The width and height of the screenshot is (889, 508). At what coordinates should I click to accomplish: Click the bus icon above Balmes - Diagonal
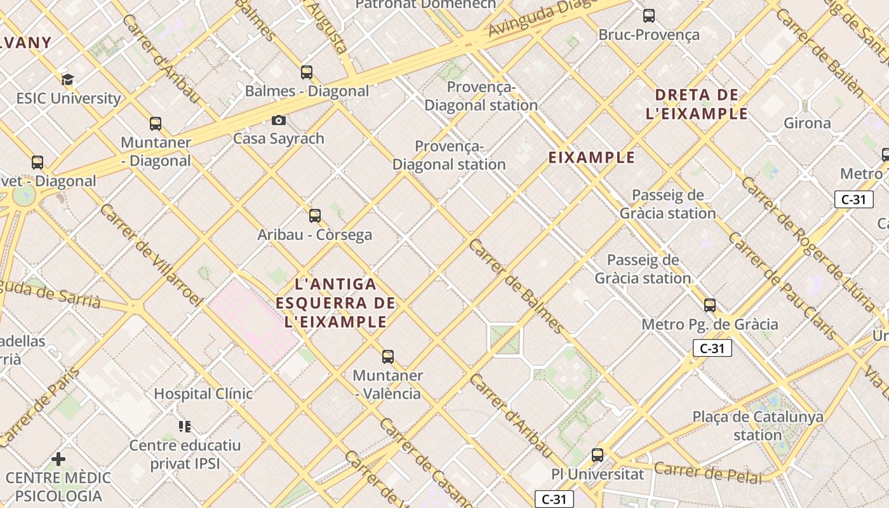point(307,72)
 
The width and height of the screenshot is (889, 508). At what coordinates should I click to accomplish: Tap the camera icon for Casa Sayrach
point(278,120)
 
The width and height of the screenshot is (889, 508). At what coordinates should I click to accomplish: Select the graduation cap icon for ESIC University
point(67,79)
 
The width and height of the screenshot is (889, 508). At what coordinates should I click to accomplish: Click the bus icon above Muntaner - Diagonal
point(156,124)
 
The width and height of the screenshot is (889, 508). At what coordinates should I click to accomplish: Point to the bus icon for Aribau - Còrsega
point(315,216)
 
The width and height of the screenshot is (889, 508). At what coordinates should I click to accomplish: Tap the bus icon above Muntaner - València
point(388,357)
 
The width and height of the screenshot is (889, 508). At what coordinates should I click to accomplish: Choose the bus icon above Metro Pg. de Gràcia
point(710,305)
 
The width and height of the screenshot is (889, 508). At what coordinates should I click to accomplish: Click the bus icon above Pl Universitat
point(598,455)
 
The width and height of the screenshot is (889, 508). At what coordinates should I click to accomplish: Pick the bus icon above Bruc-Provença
point(649,16)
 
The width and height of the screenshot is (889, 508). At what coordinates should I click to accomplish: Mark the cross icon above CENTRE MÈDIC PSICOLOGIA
point(58,458)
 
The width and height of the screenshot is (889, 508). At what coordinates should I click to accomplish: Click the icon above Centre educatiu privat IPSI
point(185,426)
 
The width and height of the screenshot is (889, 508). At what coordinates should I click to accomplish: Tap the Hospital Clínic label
point(203,394)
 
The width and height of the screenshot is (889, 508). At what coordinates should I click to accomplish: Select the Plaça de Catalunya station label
point(758,426)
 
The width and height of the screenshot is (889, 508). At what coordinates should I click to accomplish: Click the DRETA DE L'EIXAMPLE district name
point(697,105)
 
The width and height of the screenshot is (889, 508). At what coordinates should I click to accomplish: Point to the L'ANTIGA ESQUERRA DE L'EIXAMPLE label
point(335,303)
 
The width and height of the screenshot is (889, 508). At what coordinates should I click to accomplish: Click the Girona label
point(807,123)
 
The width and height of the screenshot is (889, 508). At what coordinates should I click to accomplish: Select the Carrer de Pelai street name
point(708,473)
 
